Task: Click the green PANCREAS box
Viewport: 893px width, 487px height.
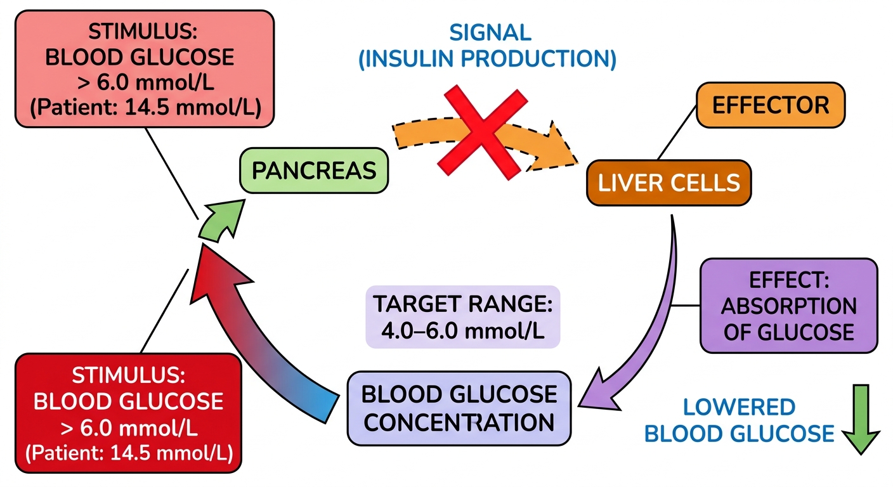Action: point(314,171)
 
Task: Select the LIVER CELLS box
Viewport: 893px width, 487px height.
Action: point(668,183)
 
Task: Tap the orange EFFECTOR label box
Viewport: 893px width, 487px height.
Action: point(770,105)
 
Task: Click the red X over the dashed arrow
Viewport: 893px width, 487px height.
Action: point(483,133)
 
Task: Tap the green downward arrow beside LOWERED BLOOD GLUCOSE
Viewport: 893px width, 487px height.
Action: point(861,419)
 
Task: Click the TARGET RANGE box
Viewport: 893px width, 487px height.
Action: point(463,317)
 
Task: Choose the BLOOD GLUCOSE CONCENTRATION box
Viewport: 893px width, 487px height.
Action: point(459,408)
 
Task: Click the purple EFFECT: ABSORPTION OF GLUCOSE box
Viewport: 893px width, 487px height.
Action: point(788,306)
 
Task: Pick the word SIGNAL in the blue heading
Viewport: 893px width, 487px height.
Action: point(490,33)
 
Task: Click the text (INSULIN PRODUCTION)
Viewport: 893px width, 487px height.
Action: point(487,59)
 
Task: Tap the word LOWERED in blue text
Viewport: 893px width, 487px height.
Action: point(739,407)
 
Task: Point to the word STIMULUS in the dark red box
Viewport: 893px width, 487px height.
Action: point(128,375)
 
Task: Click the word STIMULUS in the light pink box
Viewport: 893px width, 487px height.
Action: point(143,32)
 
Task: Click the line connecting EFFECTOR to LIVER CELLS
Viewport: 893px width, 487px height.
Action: point(677,133)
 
